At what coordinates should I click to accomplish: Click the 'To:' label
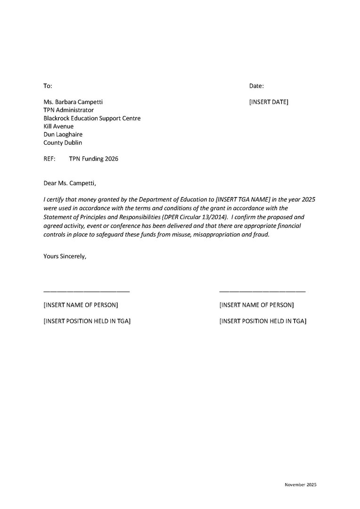(x=48, y=86)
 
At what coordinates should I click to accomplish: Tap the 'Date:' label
(x=256, y=86)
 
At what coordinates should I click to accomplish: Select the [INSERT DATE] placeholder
(x=269, y=102)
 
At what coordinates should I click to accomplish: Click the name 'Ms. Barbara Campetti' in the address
(x=73, y=102)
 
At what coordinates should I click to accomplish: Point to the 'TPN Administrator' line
(x=68, y=110)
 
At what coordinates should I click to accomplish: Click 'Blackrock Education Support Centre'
(x=92, y=118)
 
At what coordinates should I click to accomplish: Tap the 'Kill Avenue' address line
(x=58, y=126)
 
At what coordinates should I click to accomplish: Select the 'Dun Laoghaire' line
(x=63, y=134)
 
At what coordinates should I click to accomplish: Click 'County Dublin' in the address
(x=62, y=142)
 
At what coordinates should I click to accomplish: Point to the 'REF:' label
(x=49, y=159)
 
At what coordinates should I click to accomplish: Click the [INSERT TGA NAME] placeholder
(x=242, y=200)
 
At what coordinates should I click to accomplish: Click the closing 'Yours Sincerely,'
(x=65, y=256)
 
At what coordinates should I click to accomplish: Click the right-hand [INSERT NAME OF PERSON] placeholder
(x=256, y=305)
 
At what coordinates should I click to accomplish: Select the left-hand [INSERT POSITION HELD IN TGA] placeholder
(x=87, y=321)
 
